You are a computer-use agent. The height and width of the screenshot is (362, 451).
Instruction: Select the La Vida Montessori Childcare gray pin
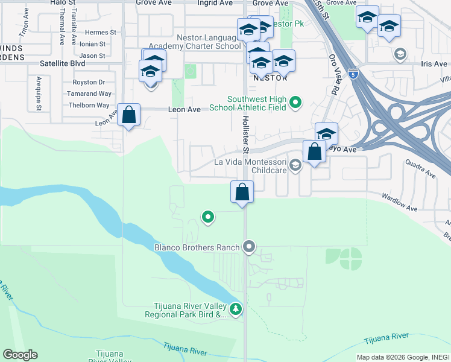point(295,165)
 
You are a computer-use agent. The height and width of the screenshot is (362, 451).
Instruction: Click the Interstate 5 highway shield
point(353,74)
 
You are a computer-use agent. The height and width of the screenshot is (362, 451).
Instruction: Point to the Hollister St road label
point(245,133)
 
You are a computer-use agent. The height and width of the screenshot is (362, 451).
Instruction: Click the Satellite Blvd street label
point(63,63)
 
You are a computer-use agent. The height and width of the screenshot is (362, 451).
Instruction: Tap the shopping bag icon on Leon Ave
point(128,114)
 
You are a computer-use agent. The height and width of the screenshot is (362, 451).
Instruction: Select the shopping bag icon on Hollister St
point(242,192)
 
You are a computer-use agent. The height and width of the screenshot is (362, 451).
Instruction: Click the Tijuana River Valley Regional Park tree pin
point(236,310)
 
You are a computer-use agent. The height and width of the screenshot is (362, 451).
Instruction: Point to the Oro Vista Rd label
point(333,75)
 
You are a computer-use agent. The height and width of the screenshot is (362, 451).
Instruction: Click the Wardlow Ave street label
point(400,202)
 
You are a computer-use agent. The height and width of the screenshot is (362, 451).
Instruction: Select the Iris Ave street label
point(434,64)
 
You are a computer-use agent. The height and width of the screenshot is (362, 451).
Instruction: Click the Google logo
point(20,355)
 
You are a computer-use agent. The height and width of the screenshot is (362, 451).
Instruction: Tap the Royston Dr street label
point(89,82)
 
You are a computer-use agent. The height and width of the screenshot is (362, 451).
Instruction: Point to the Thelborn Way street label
point(88,105)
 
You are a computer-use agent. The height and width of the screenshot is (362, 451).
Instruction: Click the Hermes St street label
point(100,33)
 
